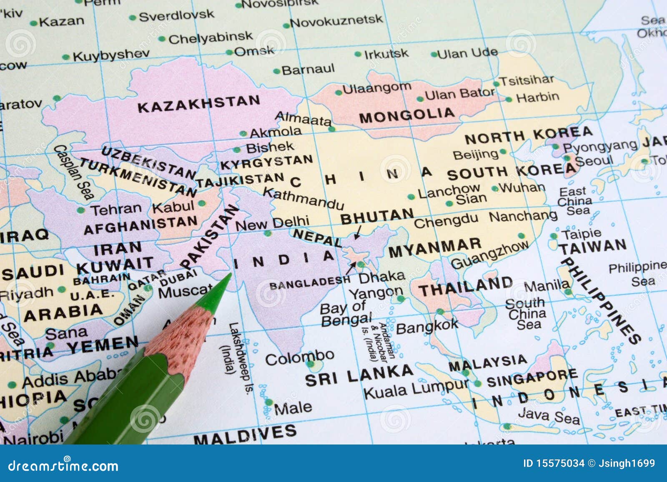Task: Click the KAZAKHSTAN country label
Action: click(199, 104)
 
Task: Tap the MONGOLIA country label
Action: click(407, 116)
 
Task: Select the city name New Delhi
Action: click(273, 223)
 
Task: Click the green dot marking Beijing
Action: click(503, 152)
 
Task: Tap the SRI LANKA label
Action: click(359, 375)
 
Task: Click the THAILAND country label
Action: click(466, 286)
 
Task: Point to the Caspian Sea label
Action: click(74, 172)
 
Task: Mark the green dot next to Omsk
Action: click(229, 52)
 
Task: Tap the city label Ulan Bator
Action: click(460, 94)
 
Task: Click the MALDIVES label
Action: click(245, 435)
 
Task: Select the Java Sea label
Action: click(548, 416)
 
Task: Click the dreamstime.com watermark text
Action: click(63, 466)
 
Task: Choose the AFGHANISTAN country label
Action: click(140, 225)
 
